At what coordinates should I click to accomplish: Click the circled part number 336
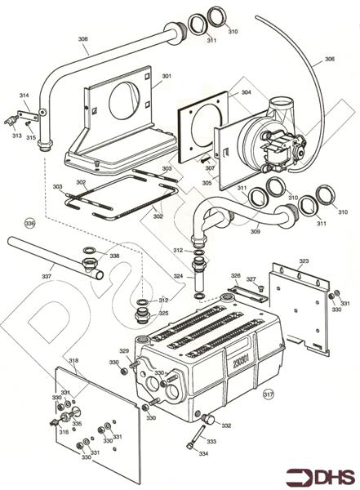pyautogui.click(x=30, y=223)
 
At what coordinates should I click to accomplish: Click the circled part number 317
pyautogui.click(x=268, y=394)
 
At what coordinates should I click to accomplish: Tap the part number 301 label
pyautogui.click(x=167, y=76)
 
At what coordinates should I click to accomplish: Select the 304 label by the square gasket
pyautogui.click(x=246, y=92)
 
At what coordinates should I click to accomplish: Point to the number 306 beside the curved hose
pyautogui.click(x=330, y=59)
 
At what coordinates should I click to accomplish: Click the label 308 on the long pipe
pyautogui.click(x=82, y=39)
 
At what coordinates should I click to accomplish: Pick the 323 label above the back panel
pyautogui.click(x=304, y=261)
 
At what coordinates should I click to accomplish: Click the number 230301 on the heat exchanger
pyautogui.click(x=241, y=362)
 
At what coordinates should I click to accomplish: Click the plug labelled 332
pyautogui.click(x=208, y=419)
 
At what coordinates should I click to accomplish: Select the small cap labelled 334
pyautogui.click(x=189, y=446)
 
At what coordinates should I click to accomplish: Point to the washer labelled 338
pyautogui.click(x=89, y=251)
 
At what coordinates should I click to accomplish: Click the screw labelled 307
pyautogui.click(x=203, y=159)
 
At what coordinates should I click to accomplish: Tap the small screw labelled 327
pyautogui.click(x=260, y=287)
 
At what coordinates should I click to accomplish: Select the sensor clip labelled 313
pyautogui.click(x=11, y=121)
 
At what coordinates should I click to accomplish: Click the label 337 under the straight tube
pyautogui.click(x=47, y=276)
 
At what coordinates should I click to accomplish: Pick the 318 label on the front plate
pyautogui.click(x=73, y=360)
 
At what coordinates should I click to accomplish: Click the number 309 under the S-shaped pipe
pyautogui.click(x=256, y=232)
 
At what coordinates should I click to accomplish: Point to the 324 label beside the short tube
pyautogui.click(x=178, y=276)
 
